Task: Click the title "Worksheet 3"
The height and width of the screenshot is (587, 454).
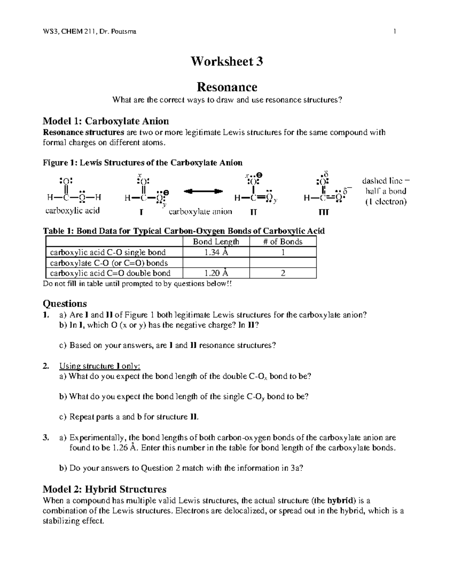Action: click(x=227, y=61)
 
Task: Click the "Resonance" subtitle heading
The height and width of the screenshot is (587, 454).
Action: click(x=227, y=87)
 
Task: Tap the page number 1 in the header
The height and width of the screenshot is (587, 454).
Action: click(x=395, y=32)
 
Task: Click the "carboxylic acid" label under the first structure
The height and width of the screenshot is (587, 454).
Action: click(x=72, y=211)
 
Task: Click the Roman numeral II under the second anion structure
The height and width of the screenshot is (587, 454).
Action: click(x=253, y=212)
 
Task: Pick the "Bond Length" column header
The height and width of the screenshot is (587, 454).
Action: click(x=216, y=242)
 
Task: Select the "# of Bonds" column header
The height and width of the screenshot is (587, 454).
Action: click(x=283, y=242)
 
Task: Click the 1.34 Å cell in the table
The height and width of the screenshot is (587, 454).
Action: click(x=216, y=252)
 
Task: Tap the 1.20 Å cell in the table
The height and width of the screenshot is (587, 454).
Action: click(x=216, y=273)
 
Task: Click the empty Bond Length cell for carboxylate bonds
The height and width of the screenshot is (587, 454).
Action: click(x=216, y=263)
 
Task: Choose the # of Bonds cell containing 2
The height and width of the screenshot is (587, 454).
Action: click(x=283, y=273)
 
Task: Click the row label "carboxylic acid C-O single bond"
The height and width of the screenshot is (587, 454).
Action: click(x=108, y=252)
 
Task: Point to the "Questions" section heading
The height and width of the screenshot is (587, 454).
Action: click(x=65, y=304)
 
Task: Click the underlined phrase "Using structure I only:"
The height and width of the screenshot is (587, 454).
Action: click(x=100, y=366)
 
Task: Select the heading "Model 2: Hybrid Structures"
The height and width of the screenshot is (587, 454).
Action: click(x=104, y=489)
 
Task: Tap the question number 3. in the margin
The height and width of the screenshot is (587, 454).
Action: click(x=46, y=438)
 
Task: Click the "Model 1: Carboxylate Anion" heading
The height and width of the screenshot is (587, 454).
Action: click(x=106, y=121)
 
